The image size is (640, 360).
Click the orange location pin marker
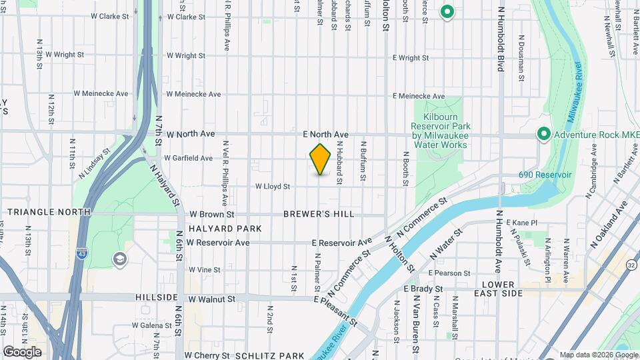point(321,159)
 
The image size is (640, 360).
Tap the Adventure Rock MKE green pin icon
point(543,135)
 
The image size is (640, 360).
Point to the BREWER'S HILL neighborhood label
point(319,214)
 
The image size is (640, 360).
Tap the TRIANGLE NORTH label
point(49,212)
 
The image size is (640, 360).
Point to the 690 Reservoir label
point(545,175)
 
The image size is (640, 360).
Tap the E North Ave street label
point(325,134)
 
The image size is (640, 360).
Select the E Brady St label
point(423,289)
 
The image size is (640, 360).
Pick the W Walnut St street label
point(211,299)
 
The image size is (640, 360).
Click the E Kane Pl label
point(521,223)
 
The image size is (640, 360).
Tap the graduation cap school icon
point(120,259)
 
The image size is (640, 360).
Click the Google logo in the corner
point(22,352)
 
